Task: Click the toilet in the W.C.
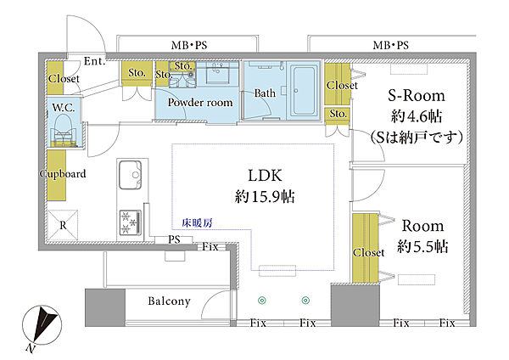64,131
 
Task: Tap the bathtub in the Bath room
304,92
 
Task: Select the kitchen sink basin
130,175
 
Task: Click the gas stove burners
130,222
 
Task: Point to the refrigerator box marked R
63,226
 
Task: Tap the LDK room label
265,176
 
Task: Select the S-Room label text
417,96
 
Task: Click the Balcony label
169,301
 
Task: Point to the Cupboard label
63,174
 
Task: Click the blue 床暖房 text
197,223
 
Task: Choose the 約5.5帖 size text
422,246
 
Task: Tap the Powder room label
200,103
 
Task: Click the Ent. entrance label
94,61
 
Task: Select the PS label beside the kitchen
174,239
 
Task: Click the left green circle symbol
262,301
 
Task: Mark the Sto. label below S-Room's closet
338,114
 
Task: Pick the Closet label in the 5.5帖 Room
368,252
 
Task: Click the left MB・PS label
189,45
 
